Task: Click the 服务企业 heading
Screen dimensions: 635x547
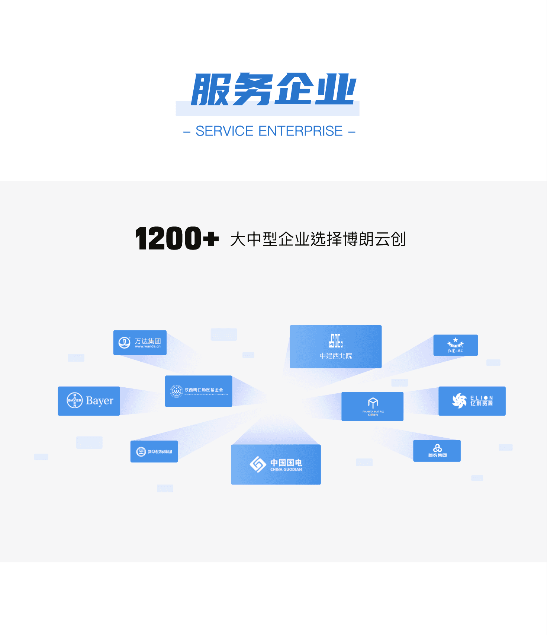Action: tap(274, 89)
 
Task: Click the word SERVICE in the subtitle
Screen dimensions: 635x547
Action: tap(224, 131)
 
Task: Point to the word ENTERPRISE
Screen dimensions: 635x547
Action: tap(300, 131)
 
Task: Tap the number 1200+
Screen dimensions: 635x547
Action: tap(177, 238)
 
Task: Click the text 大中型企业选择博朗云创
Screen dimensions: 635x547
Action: tap(318, 239)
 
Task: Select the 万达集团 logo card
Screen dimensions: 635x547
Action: tap(140, 343)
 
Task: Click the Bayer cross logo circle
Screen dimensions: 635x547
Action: tap(74, 400)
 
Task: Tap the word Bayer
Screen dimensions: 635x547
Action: tap(100, 401)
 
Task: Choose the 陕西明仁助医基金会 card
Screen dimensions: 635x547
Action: tap(199, 391)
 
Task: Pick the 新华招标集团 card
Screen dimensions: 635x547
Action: tap(154, 451)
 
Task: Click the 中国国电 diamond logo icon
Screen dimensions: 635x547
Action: tap(258, 464)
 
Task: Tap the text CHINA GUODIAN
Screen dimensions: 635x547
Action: tap(286, 470)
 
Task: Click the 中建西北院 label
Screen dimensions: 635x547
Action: tap(336, 356)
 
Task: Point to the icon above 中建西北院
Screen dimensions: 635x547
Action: tap(336, 340)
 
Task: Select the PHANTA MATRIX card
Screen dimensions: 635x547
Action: tap(372, 406)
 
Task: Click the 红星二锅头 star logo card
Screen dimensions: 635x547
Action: tap(456, 345)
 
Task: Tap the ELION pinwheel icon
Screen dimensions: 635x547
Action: tap(459, 401)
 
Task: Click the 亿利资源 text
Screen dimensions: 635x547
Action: tap(482, 403)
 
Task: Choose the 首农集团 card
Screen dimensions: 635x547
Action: tap(437, 451)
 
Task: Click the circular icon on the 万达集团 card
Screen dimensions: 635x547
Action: tap(124, 342)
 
